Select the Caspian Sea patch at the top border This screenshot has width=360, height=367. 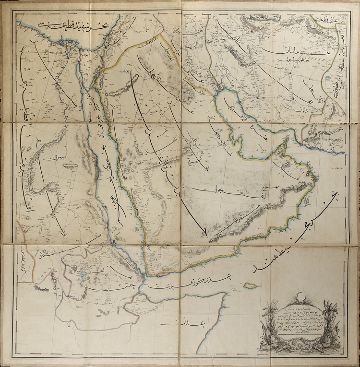point(259,17)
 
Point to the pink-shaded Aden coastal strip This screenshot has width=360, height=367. point(162,273)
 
